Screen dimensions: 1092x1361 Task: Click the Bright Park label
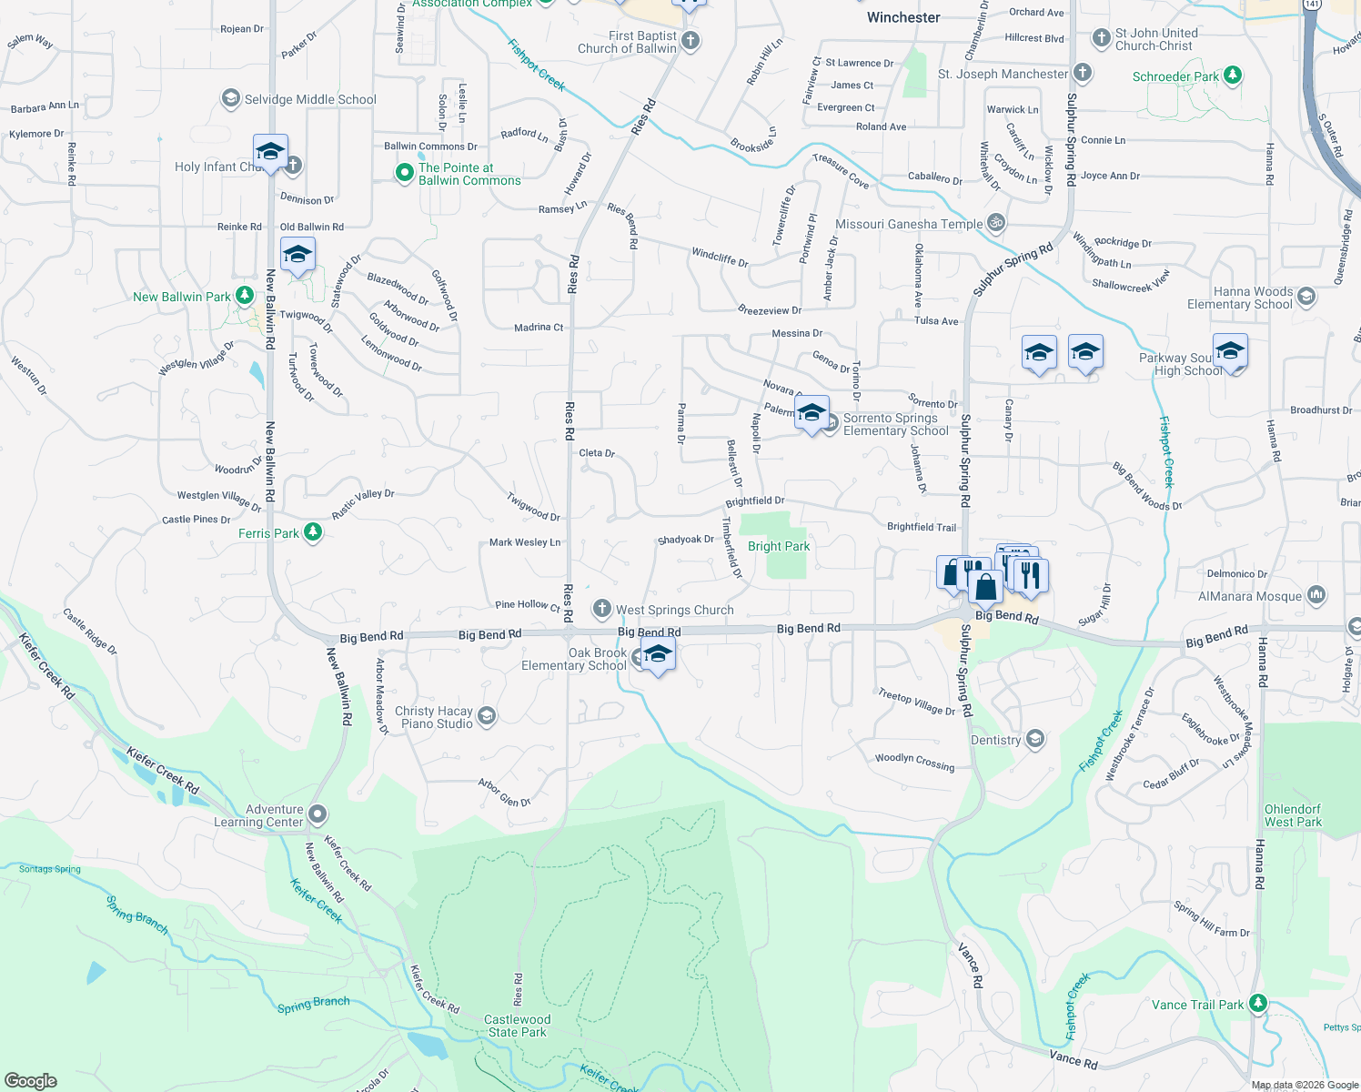[779, 546]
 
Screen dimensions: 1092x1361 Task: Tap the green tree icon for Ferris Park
[313, 532]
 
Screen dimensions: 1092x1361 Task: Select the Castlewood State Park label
[517, 1026]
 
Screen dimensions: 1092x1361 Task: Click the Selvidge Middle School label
[310, 99]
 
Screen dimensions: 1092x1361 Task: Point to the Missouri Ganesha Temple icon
[996, 223]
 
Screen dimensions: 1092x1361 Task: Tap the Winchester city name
[903, 17]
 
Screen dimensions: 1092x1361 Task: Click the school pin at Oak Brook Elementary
[658, 653]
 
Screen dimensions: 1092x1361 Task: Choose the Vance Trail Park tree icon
[1257, 1004]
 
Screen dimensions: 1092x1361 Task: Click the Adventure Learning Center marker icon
[318, 814]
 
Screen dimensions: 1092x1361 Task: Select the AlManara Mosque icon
[1316, 595]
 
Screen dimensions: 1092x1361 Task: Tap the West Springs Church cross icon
[601, 609]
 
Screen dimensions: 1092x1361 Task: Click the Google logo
[31, 1080]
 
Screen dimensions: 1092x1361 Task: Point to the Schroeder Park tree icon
[1233, 76]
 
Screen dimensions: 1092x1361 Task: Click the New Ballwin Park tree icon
[244, 296]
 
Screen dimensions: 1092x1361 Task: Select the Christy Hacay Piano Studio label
[434, 717]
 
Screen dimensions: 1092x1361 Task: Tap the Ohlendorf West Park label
[1293, 815]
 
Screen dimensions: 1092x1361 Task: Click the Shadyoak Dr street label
[686, 540]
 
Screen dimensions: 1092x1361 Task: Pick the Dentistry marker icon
[1034, 739]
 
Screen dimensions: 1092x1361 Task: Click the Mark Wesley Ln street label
[525, 542]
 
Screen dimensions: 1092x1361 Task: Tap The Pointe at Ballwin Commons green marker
[405, 173]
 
